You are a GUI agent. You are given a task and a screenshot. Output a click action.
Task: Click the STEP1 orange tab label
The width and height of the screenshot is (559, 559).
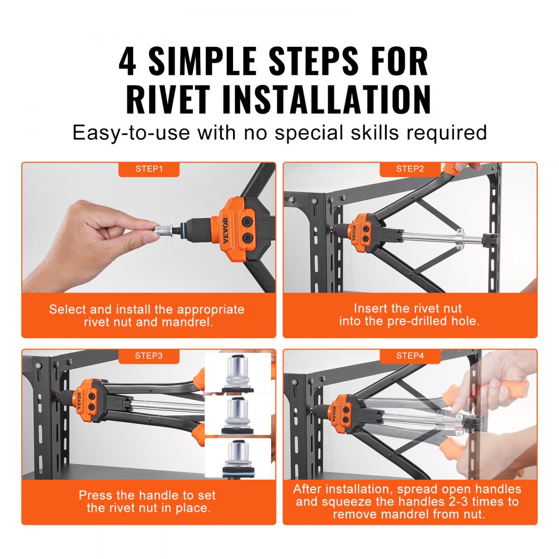[149, 169]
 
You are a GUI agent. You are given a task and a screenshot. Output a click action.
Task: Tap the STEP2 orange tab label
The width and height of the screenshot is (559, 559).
[410, 169]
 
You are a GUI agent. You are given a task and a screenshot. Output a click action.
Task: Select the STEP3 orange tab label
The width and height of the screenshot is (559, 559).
[149, 355]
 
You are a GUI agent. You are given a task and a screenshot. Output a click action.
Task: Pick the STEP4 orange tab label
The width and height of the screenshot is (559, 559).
[410, 355]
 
